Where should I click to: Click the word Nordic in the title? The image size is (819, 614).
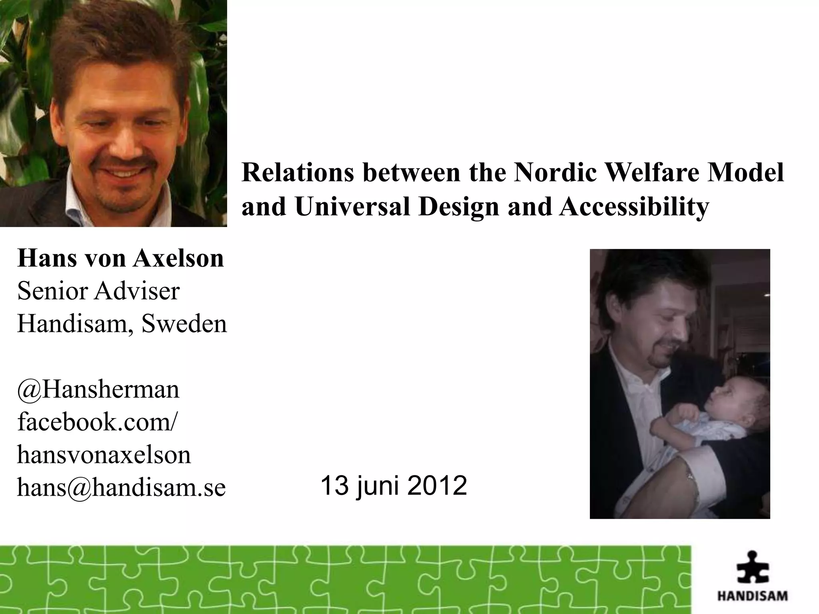[555, 173]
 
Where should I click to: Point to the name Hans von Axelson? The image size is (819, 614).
[120, 258]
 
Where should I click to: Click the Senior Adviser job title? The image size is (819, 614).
[98, 291]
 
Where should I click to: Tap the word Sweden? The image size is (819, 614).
[184, 323]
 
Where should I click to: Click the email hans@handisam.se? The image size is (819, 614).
[121, 488]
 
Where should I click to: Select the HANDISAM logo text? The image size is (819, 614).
[752, 596]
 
